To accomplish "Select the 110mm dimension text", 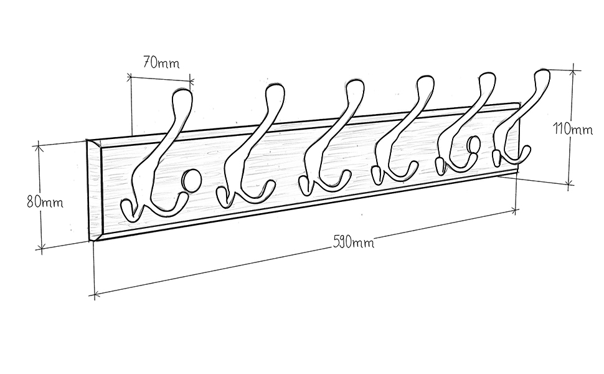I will (x=573, y=130).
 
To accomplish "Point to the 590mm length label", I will (x=353, y=241).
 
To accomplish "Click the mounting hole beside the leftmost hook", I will (x=191, y=180).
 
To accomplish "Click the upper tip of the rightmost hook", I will (x=544, y=77).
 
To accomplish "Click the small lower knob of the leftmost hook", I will (x=127, y=209).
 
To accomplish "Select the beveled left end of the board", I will (x=93, y=190).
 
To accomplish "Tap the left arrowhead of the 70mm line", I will (x=130, y=77).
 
